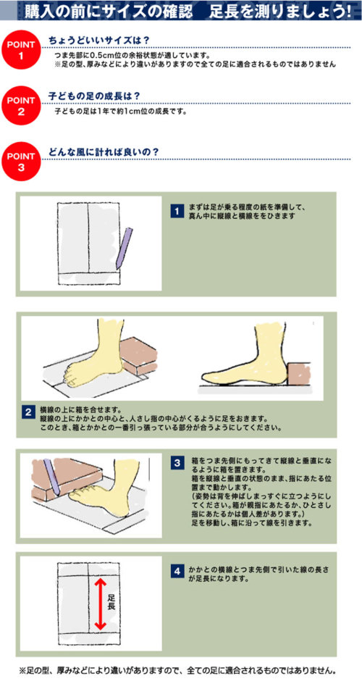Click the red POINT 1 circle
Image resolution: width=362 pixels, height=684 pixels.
pos(21,50)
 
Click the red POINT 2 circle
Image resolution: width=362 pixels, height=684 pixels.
pos(21,106)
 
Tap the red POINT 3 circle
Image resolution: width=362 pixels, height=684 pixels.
pos(21,162)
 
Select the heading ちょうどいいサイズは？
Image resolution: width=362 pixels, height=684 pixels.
pos(99,41)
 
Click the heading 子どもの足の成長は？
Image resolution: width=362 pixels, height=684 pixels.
pos(94,96)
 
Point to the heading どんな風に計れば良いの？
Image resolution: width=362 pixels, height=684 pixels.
pos(104,152)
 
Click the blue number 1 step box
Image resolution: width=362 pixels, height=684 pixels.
pos(176,212)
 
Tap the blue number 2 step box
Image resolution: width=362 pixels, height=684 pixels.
pos(28,412)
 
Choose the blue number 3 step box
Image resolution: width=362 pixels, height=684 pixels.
pos(176,463)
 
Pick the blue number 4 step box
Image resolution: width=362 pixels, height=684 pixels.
pos(176,570)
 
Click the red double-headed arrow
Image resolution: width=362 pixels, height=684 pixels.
pos(100,604)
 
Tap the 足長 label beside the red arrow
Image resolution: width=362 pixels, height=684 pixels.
pos(111,602)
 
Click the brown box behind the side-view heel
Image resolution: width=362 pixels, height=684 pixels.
pos(299,374)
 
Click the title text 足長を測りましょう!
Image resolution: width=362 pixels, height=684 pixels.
pos(279,11)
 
